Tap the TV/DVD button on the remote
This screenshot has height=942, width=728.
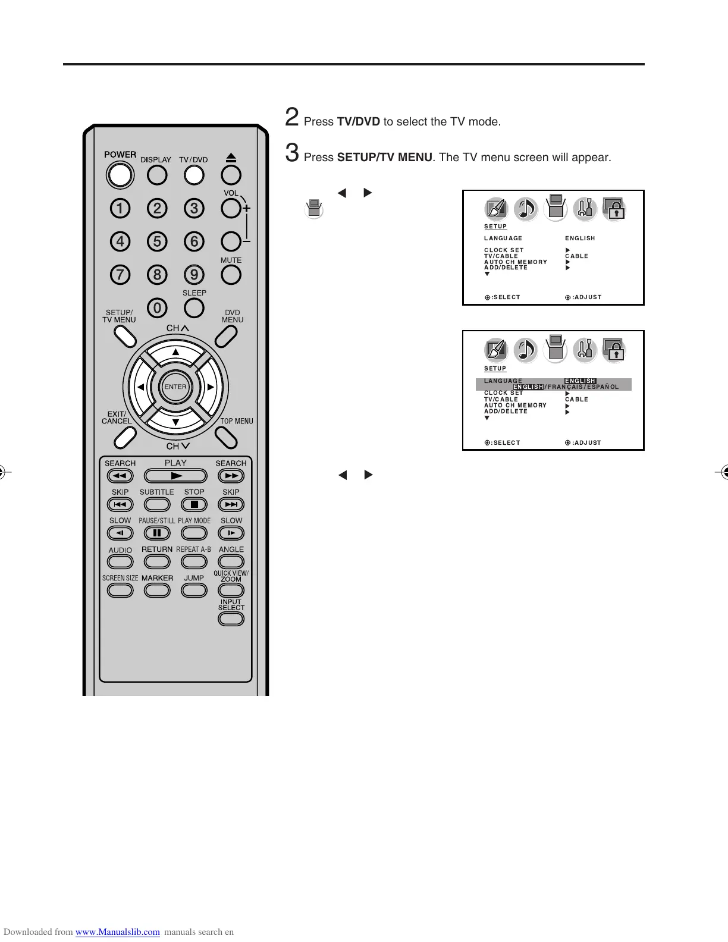194,175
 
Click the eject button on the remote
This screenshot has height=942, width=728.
231,175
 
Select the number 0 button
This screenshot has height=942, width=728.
157,308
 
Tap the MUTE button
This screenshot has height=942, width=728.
231,275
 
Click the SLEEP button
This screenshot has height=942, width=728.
194,307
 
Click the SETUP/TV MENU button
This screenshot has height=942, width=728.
124,337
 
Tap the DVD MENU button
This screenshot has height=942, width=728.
227,337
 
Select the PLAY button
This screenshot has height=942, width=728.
175,476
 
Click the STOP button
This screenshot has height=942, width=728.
194,504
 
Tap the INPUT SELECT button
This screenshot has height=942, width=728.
231,618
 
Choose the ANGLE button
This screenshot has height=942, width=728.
231,561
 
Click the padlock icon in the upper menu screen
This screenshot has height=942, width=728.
614,209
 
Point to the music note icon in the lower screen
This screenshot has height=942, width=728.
525,350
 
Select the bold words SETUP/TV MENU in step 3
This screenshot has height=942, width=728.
384,158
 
